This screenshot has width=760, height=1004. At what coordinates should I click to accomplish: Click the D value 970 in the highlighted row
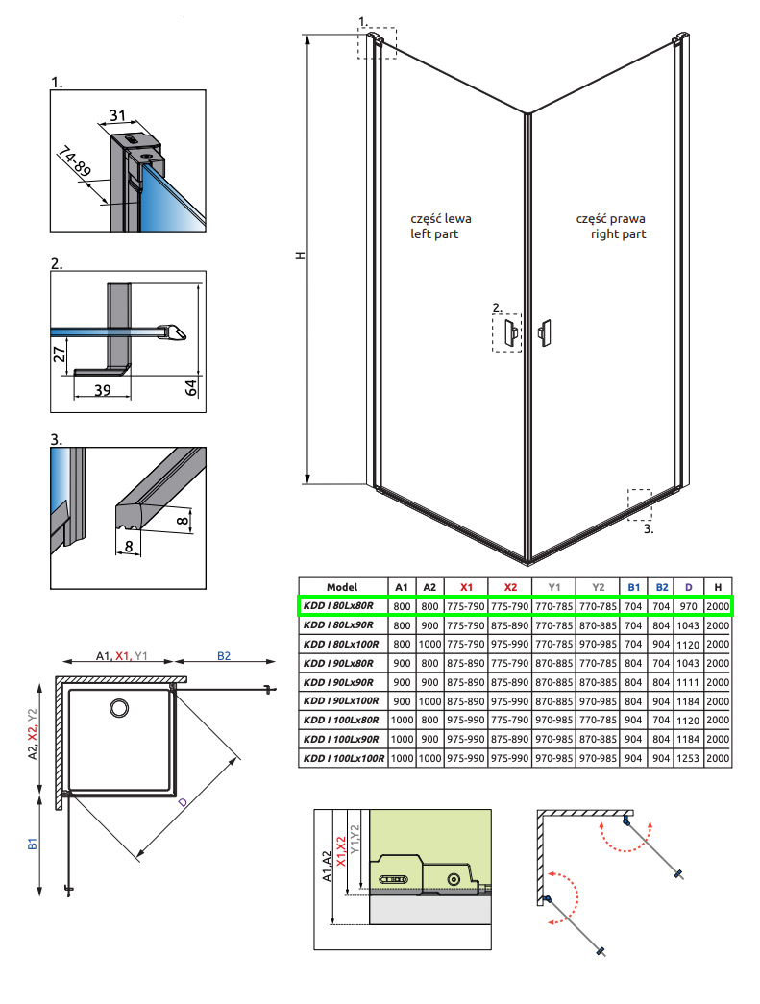688,605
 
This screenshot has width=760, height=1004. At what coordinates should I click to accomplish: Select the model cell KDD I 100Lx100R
343,758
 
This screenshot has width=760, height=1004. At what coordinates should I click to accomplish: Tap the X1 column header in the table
466,587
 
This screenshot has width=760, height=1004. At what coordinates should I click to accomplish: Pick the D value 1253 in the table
688,758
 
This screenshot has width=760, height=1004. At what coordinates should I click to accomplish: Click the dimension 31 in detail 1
118,115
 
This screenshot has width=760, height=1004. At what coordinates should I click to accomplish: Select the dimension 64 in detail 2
191,387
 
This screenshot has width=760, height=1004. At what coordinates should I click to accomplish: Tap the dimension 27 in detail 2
61,354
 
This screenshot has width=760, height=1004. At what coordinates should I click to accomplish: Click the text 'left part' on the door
434,233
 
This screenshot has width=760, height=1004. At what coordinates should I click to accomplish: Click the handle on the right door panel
545,332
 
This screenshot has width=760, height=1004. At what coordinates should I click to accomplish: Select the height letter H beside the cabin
300,257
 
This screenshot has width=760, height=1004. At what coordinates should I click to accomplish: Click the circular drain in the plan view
120,709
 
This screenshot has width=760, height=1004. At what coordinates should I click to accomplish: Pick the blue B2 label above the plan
223,656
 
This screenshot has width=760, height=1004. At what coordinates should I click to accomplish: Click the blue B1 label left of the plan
32,845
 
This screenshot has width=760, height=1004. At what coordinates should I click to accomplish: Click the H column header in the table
717,587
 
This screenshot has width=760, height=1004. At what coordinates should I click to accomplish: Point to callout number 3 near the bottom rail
648,528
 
